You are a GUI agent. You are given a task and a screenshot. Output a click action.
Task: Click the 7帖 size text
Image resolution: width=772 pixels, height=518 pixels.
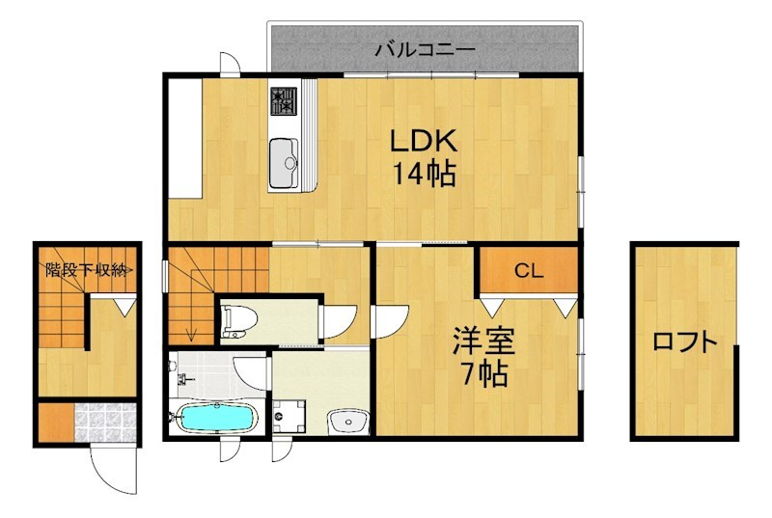click(483, 374)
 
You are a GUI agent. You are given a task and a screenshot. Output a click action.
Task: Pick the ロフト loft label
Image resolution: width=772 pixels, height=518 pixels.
click(685, 341)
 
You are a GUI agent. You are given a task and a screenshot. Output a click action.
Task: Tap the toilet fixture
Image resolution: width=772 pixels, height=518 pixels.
click(237, 321)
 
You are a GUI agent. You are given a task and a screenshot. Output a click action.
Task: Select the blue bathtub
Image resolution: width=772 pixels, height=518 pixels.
click(215, 418)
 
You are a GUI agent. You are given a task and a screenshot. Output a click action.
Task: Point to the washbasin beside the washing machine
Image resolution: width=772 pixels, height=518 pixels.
click(347, 420)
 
